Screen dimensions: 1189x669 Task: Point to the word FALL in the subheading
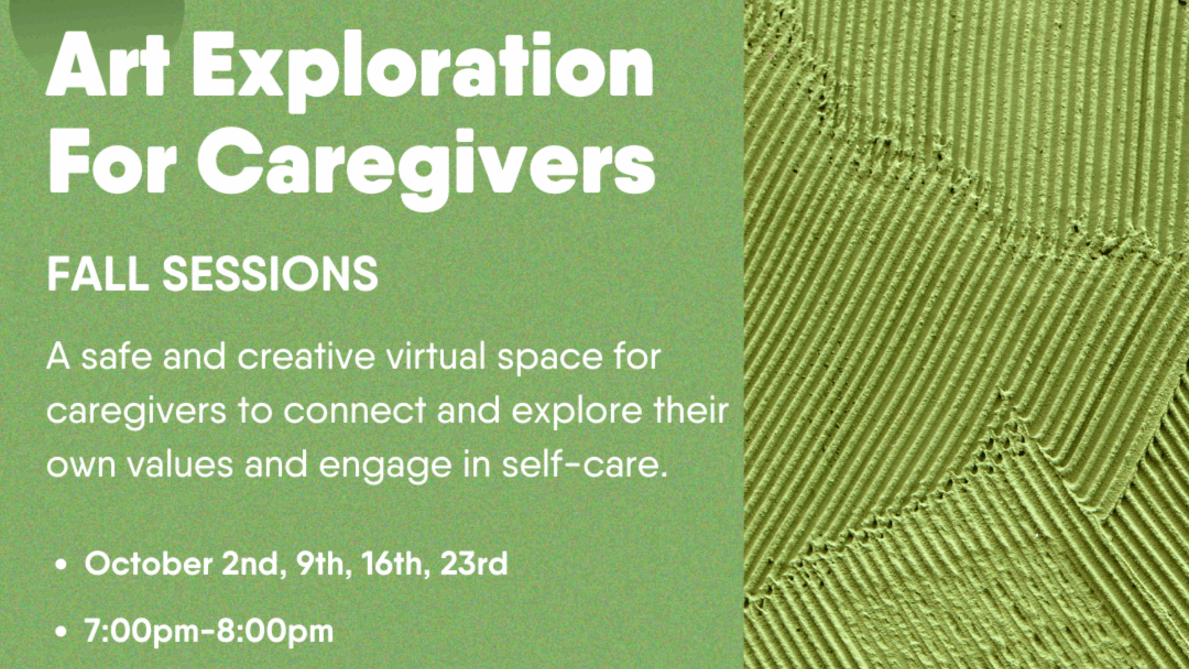98,274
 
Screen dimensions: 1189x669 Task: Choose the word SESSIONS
271,274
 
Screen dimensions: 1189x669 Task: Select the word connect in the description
355,411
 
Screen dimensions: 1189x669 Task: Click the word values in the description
180,464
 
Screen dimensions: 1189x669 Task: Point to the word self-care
585,464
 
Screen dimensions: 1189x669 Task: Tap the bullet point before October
60,565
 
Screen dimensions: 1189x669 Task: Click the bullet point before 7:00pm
60,632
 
